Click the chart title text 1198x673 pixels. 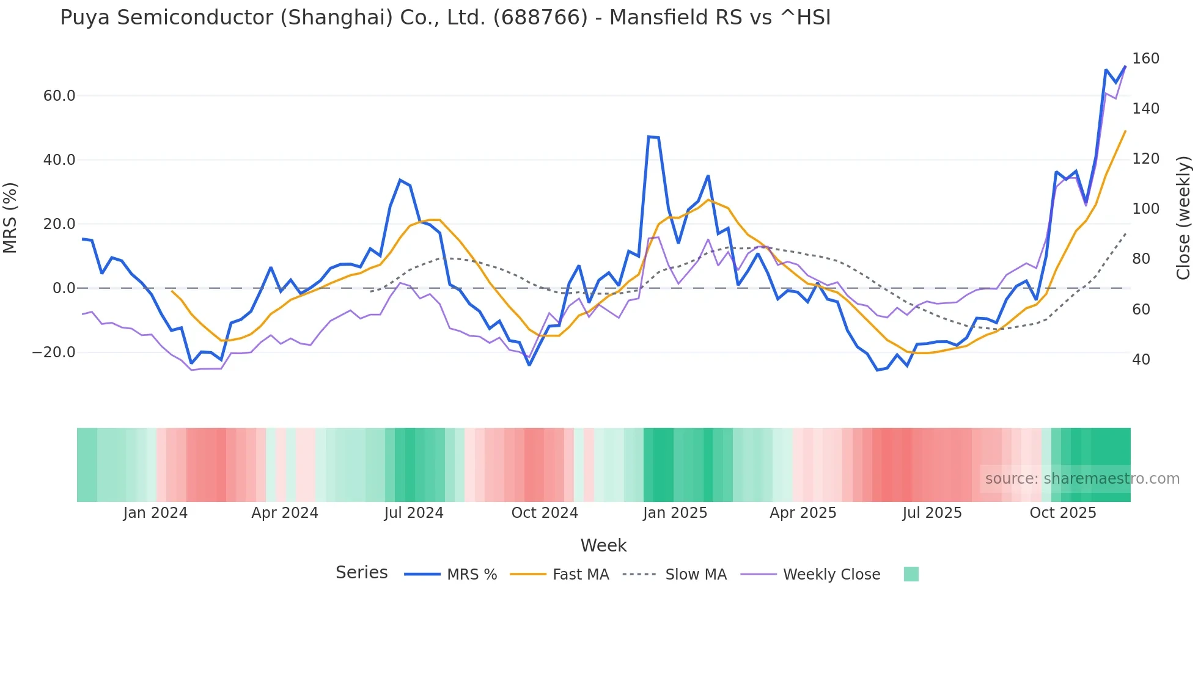pos(445,18)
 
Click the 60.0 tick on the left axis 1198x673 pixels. pos(59,96)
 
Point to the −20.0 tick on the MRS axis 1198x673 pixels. pos(54,352)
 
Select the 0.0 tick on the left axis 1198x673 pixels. pos(64,288)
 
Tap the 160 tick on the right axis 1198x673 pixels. pos(1145,59)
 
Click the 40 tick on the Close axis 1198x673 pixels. pos(1141,360)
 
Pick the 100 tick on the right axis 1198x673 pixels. pos(1145,209)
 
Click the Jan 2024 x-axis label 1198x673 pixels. pos(155,513)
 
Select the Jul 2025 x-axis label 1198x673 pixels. pos(932,513)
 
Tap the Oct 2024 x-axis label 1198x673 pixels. pos(545,513)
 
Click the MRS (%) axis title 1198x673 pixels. pos(10,218)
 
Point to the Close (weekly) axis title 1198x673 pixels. pos(1183,218)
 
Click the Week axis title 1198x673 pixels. pos(603,545)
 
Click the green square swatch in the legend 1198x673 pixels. pos(911,574)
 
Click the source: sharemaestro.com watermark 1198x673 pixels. pos(1082,479)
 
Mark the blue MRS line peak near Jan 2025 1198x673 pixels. pos(649,137)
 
